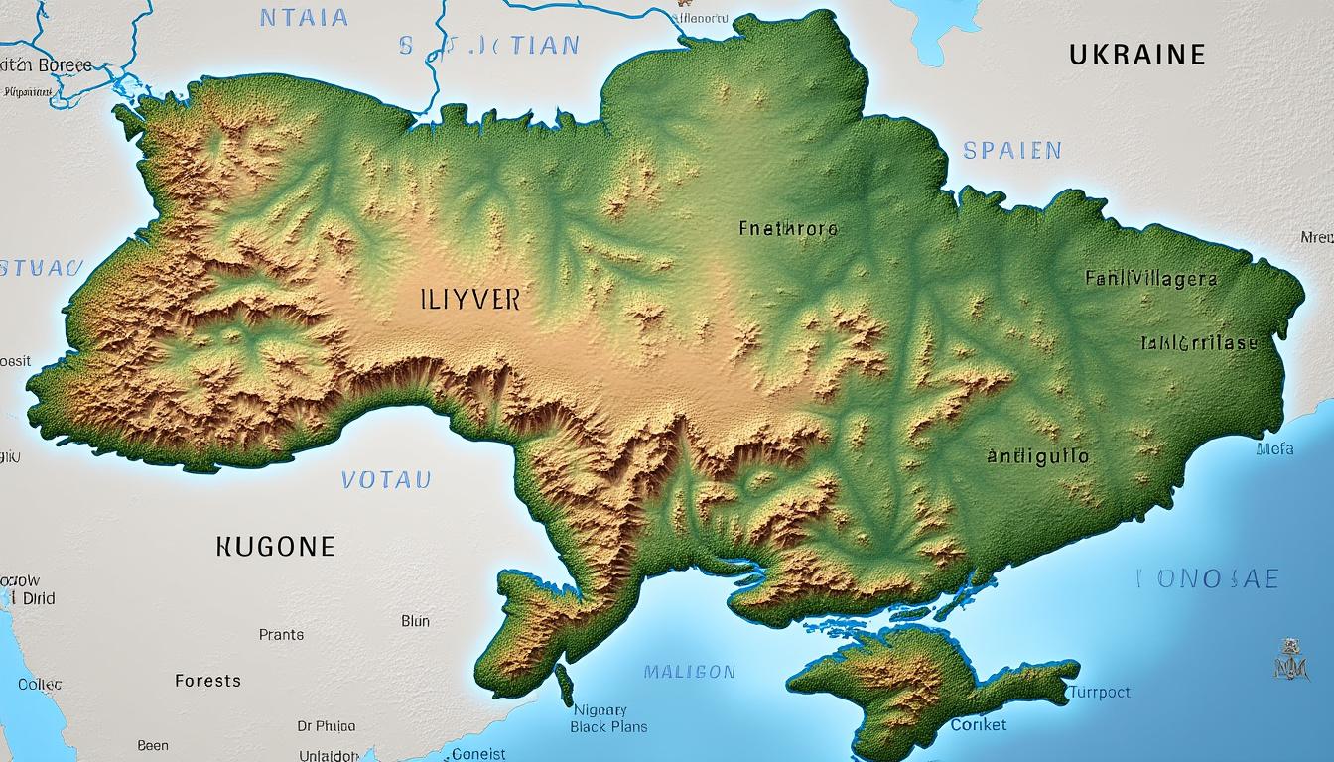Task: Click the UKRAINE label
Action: coord(1136,55)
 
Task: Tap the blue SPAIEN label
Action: coord(1011,151)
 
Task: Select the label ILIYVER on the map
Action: coord(470,300)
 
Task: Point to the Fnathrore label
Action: coord(788,229)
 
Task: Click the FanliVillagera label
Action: coord(1150,279)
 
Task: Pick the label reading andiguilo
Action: coord(1037,457)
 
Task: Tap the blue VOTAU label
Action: coord(386,480)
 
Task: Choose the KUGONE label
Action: coord(275,546)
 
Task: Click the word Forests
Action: coord(207,681)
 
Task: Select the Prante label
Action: coord(281,634)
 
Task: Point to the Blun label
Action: coord(415,621)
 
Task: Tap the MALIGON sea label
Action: coord(690,672)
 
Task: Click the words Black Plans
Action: coord(608,726)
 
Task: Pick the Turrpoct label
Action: coord(1099,693)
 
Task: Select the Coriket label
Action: coord(978,725)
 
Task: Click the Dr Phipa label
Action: coord(326,726)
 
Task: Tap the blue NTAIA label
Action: coord(304,17)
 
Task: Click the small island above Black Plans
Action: coord(564,685)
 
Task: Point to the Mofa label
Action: coord(1274,448)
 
